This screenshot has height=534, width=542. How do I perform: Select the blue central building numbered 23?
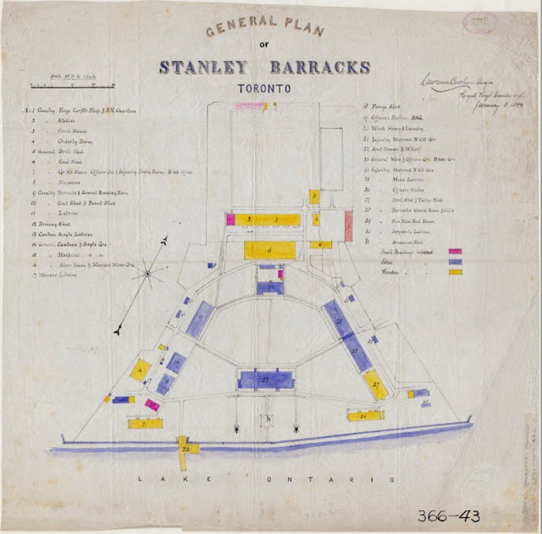(264, 379)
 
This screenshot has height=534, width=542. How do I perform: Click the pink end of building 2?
(230, 219)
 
